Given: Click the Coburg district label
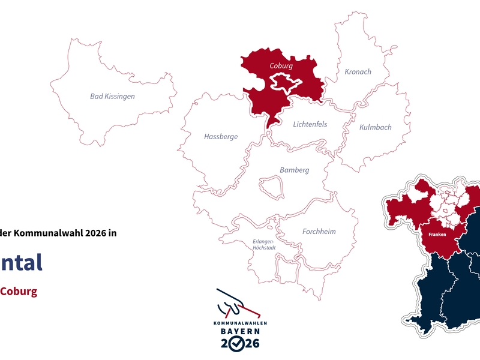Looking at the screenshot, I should click(281, 65).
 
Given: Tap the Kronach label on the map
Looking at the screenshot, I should click(358, 72).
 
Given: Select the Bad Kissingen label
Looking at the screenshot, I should click(112, 96).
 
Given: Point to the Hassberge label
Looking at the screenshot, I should click(221, 137).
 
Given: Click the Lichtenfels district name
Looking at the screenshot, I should click(310, 124).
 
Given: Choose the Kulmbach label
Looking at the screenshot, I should click(375, 127).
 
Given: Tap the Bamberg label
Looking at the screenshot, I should click(294, 170).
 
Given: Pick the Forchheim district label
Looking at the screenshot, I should click(319, 232).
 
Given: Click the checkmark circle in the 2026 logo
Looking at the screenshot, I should click(238, 343).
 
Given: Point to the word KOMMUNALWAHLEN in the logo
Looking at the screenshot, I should click(240, 323).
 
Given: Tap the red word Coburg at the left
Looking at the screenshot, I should click(18, 292).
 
